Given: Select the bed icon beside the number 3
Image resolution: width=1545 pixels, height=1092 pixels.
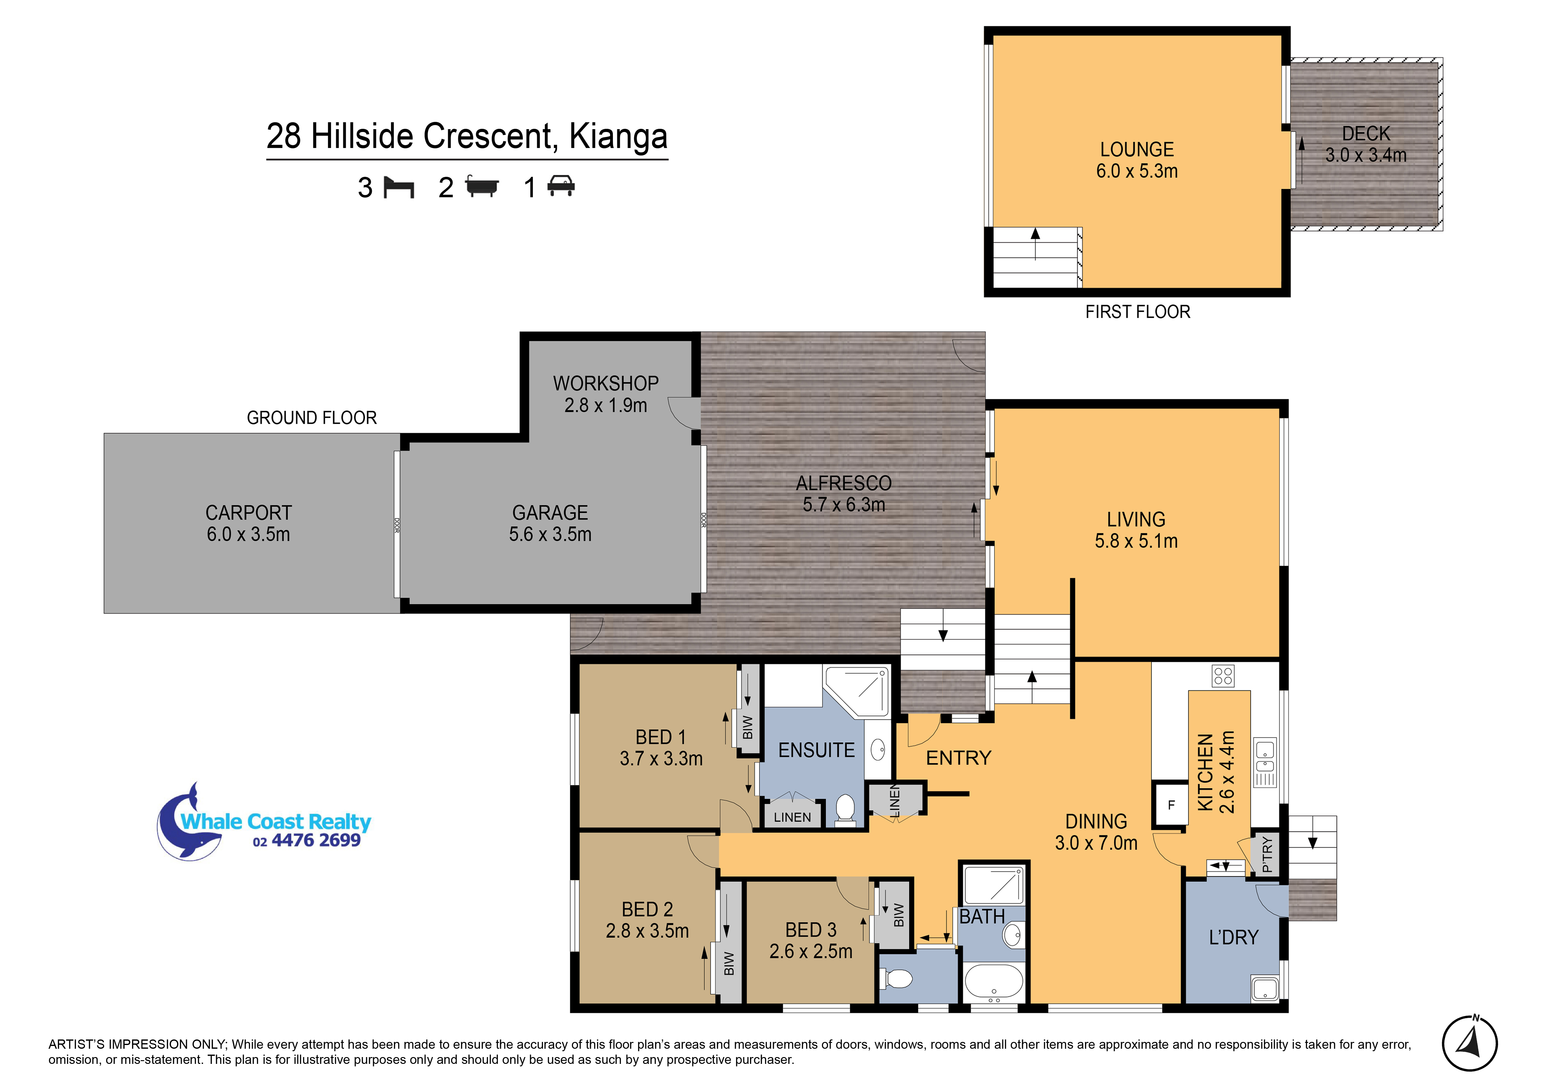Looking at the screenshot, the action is (398, 188).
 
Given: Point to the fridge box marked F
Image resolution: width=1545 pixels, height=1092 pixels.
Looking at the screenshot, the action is (1171, 805).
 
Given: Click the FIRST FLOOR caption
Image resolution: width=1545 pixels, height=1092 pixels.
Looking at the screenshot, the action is (1138, 312).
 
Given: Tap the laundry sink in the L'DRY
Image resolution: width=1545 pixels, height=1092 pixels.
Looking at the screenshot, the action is (1265, 988).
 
